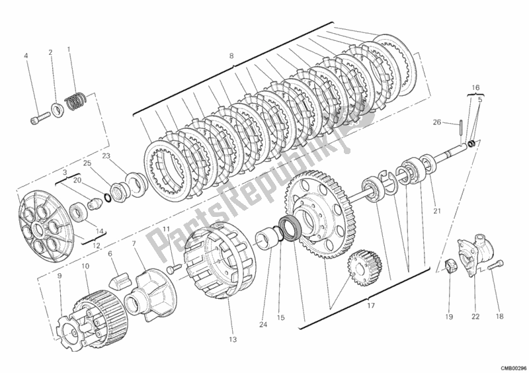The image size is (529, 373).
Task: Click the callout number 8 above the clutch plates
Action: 231,56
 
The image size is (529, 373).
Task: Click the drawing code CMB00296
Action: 511,368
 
